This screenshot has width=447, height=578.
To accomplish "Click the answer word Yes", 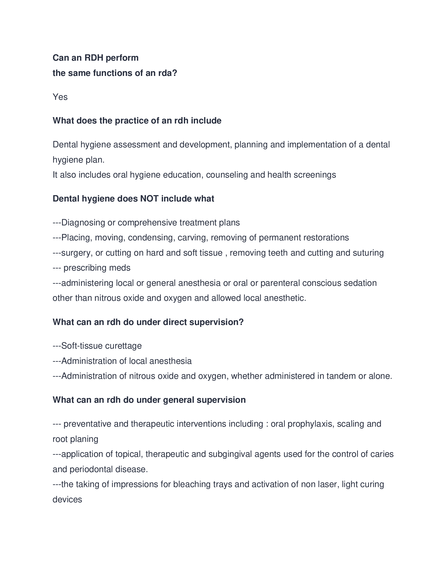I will pos(60,97).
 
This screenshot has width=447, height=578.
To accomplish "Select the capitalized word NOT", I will pos(149,199).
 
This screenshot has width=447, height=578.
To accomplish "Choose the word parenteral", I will pos(280,283).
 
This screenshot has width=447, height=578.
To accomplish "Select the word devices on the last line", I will pos(67,500).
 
